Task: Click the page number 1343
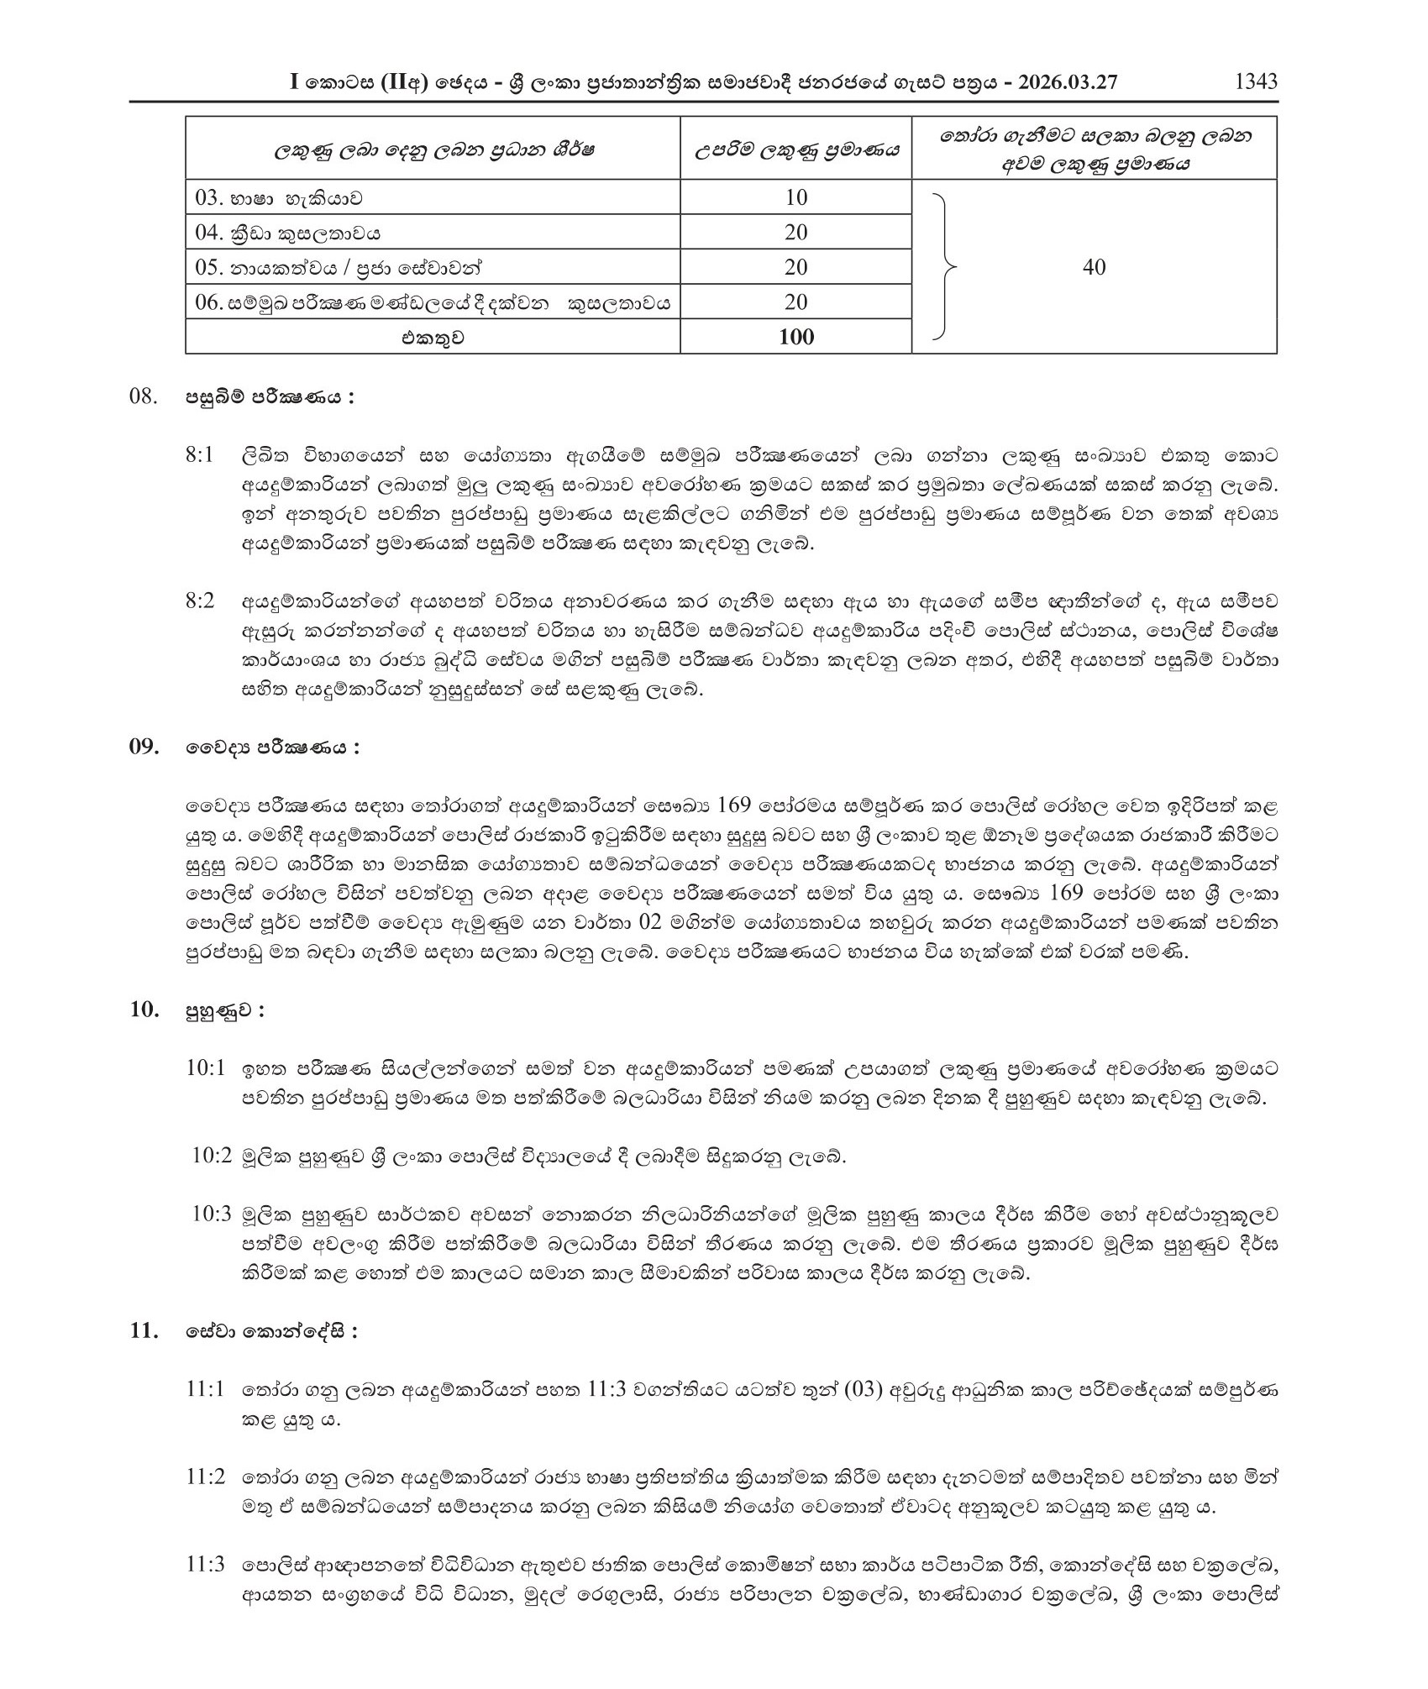click(x=1256, y=81)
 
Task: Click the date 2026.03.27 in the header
click(x=1066, y=82)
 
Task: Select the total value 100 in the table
click(x=795, y=337)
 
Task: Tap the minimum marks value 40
click(x=1094, y=267)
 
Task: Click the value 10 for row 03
click(x=795, y=197)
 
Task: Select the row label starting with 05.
click(x=339, y=268)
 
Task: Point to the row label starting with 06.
click(x=433, y=303)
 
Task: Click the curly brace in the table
click(x=945, y=267)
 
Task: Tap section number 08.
click(x=144, y=396)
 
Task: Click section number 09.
click(x=144, y=747)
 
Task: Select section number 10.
click(x=144, y=1010)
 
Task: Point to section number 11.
click(x=144, y=1331)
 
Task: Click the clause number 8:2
click(x=200, y=601)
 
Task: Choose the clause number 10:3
click(x=211, y=1214)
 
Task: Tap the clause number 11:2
click(x=206, y=1477)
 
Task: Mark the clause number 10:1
click(x=206, y=1068)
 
